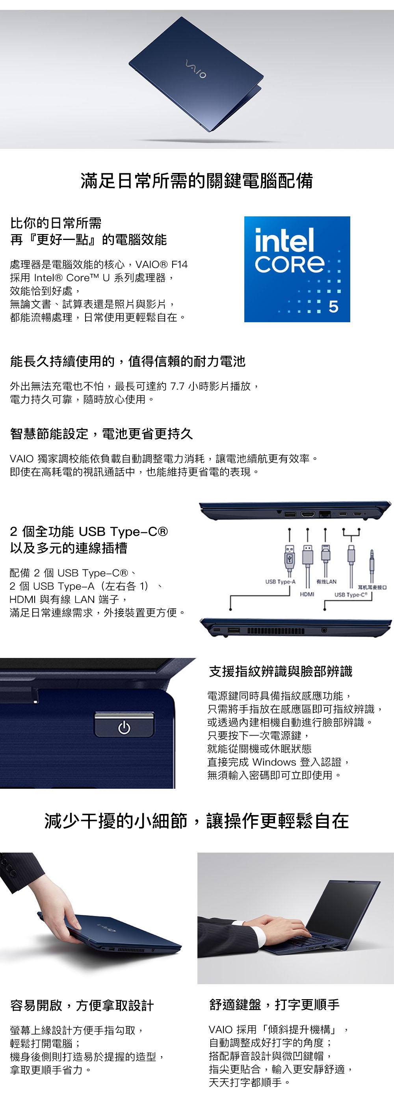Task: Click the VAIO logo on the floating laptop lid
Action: point(195,69)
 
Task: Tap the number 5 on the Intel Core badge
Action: point(333,307)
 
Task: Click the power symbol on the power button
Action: point(124,727)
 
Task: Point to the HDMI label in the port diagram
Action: point(307,594)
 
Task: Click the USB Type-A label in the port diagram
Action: point(280,582)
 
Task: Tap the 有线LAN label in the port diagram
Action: point(326,582)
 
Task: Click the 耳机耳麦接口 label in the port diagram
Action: point(372,587)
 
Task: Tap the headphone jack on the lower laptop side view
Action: point(324,630)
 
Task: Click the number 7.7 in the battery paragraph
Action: point(177,386)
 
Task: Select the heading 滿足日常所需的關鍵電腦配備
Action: point(197,180)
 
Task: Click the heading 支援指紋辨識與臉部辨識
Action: point(281,671)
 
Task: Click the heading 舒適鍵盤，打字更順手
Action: point(275,1004)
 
